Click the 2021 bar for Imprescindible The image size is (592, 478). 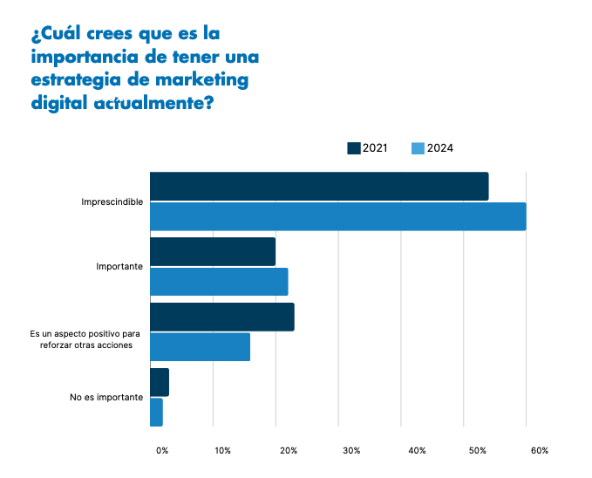(319, 187)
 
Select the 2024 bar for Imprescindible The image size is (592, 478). (338, 216)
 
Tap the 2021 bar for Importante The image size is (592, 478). (213, 252)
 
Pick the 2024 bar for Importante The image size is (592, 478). (219, 282)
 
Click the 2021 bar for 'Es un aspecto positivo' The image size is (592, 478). (222, 318)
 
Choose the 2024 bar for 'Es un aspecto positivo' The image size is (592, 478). (201, 347)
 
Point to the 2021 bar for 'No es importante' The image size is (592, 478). (160, 383)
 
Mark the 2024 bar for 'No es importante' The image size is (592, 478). (157, 413)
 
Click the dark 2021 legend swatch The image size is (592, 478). (354, 148)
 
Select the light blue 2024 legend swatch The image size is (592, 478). (418, 148)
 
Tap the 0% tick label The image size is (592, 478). (162, 451)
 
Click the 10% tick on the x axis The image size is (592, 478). (223, 451)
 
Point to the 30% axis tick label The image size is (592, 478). (351, 451)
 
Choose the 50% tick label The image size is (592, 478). (477, 451)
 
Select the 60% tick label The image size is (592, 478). (539, 451)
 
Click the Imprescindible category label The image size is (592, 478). (112, 202)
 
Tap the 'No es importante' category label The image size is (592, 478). (106, 398)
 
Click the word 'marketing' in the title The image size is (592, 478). (206, 81)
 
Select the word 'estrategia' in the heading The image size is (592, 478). (74, 81)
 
